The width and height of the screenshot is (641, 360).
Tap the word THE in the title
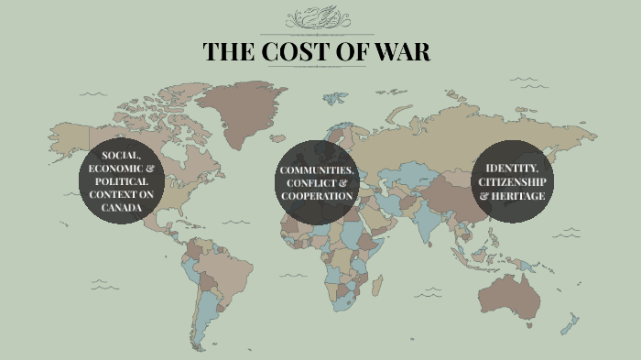pos(229,52)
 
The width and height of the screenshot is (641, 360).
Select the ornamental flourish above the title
pos(318,19)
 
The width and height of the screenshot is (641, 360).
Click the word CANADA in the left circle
pos(122,207)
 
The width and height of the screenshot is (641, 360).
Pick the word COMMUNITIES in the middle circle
pos(317,171)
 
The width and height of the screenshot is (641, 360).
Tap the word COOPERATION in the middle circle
pos(317,196)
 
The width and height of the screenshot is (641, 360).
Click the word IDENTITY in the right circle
pos(512,169)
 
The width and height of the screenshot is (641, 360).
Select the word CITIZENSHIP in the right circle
pos(513,181)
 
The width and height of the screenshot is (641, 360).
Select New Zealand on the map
pos(571,322)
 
